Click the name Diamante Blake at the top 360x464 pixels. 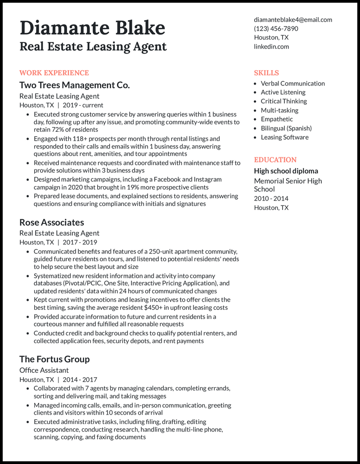(x=92, y=28)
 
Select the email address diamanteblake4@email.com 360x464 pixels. (x=293, y=19)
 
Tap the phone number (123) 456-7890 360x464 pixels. (x=276, y=28)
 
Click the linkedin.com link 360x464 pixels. (x=271, y=46)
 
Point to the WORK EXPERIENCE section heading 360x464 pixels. (x=54, y=73)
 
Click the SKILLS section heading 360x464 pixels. (x=266, y=73)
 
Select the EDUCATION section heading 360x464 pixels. (x=275, y=160)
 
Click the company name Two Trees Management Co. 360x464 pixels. (x=74, y=85)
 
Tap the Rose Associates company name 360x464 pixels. (x=52, y=222)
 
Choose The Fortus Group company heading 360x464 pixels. (x=54, y=359)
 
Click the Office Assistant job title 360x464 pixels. (x=44, y=370)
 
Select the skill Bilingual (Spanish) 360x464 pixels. (x=286, y=128)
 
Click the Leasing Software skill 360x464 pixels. (x=285, y=137)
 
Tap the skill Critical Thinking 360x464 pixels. (x=284, y=101)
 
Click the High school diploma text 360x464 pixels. (x=286, y=171)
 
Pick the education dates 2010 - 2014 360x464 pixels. (x=271, y=198)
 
